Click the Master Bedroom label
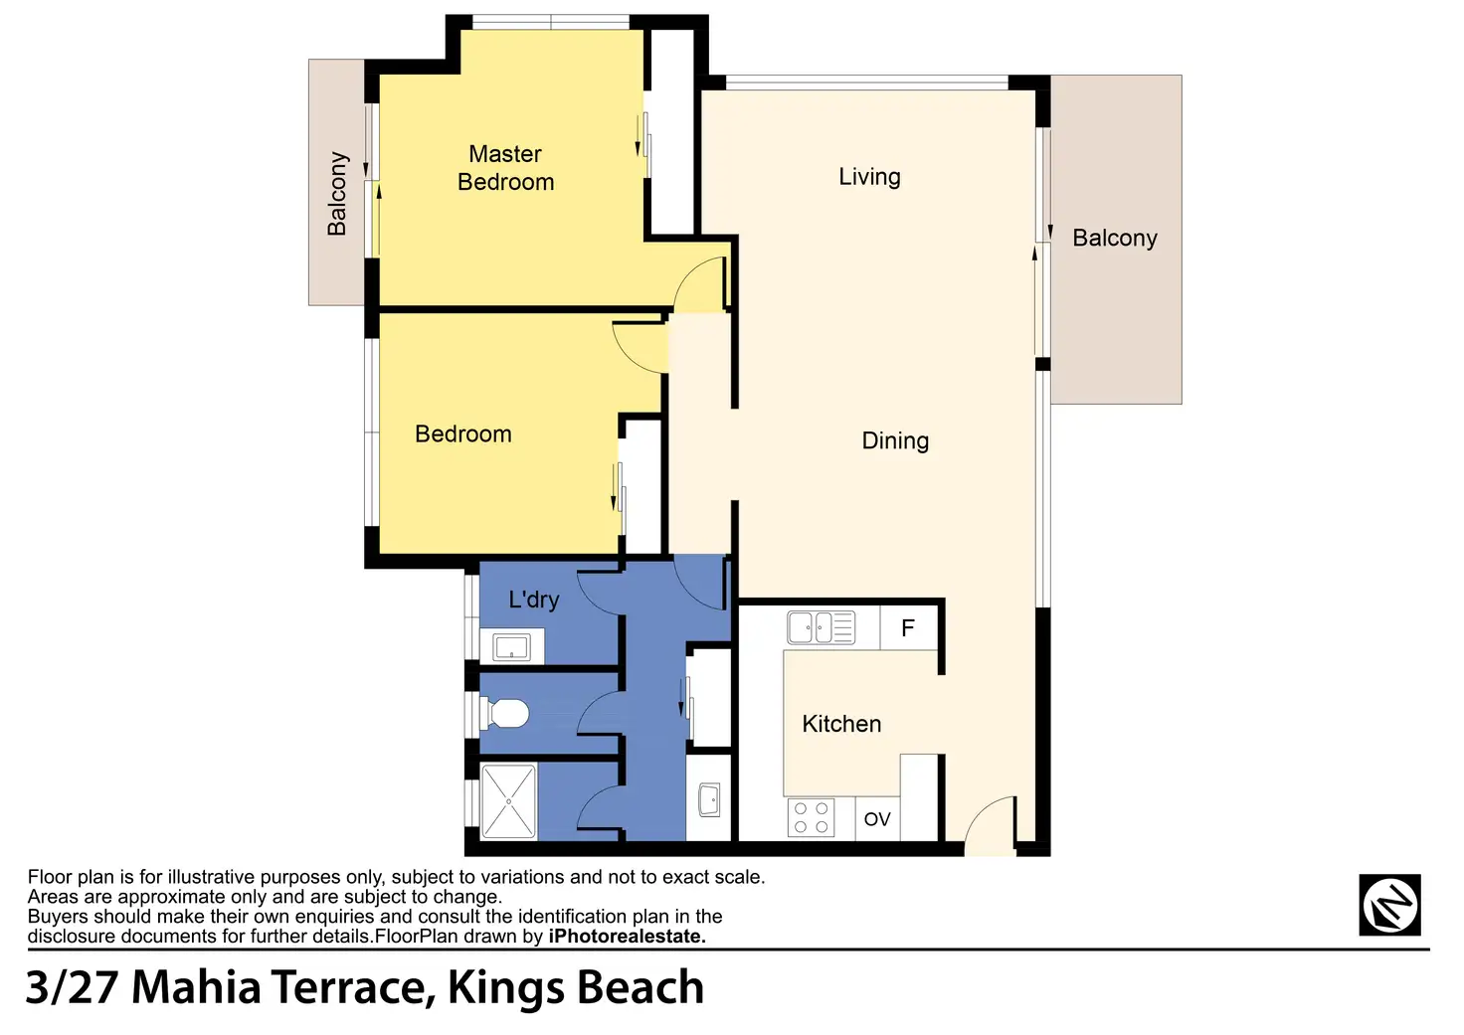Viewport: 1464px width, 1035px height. (505, 168)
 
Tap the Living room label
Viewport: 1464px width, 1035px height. (869, 177)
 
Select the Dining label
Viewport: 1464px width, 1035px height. (895, 441)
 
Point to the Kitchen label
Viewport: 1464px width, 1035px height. (841, 724)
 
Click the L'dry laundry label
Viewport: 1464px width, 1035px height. (533, 600)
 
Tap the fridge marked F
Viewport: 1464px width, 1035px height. (908, 628)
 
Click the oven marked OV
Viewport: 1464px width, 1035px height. (877, 818)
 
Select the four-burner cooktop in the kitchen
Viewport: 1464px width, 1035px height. (811, 817)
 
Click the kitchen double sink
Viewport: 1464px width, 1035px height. (821, 627)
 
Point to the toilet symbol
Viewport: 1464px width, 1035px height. (504, 714)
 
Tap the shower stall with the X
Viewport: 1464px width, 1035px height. (508, 801)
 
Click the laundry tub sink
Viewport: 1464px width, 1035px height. (512, 646)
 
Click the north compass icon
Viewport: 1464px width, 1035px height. (1389, 905)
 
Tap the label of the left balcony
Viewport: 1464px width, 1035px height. (336, 194)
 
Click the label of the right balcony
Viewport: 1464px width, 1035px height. (1114, 238)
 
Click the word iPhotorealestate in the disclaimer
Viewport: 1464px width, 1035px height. (627, 937)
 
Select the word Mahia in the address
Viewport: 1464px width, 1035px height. (196, 987)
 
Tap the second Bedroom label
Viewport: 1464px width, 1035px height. (462, 434)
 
